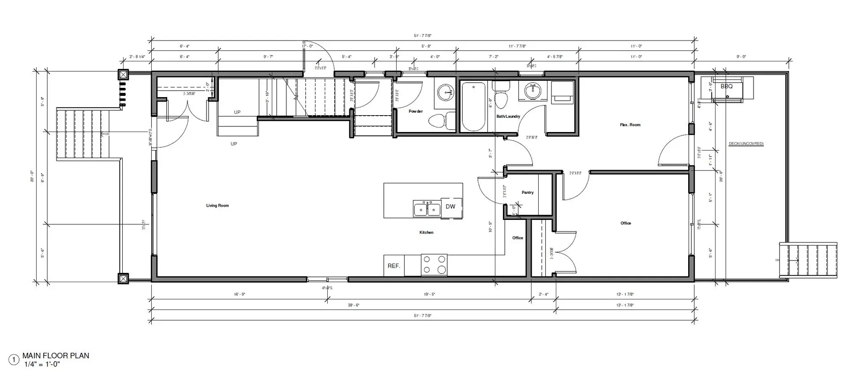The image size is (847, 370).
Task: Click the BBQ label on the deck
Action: click(x=726, y=87)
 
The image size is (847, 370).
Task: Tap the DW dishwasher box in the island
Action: click(x=450, y=207)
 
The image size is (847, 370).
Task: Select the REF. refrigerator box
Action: click(x=394, y=266)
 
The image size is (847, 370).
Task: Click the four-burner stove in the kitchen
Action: click(x=434, y=265)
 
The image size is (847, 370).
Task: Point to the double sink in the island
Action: click(x=427, y=208)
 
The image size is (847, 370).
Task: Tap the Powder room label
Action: click(x=416, y=111)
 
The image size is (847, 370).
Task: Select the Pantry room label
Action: click(x=527, y=193)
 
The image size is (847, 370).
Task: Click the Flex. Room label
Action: click(x=630, y=125)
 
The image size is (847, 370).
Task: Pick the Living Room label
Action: click(x=217, y=205)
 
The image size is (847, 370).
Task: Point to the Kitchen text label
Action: click(x=426, y=232)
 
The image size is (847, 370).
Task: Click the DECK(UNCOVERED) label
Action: click(x=746, y=144)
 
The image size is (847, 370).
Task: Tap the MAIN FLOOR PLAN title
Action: click(x=56, y=355)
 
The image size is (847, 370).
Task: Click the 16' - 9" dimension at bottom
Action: click(x=239, y=294)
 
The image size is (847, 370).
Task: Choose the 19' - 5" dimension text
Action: click(x=429, y=294)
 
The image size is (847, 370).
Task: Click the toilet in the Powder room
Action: click(x=439, y=121)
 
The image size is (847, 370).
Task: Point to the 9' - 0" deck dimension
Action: click(x=741, y=57)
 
